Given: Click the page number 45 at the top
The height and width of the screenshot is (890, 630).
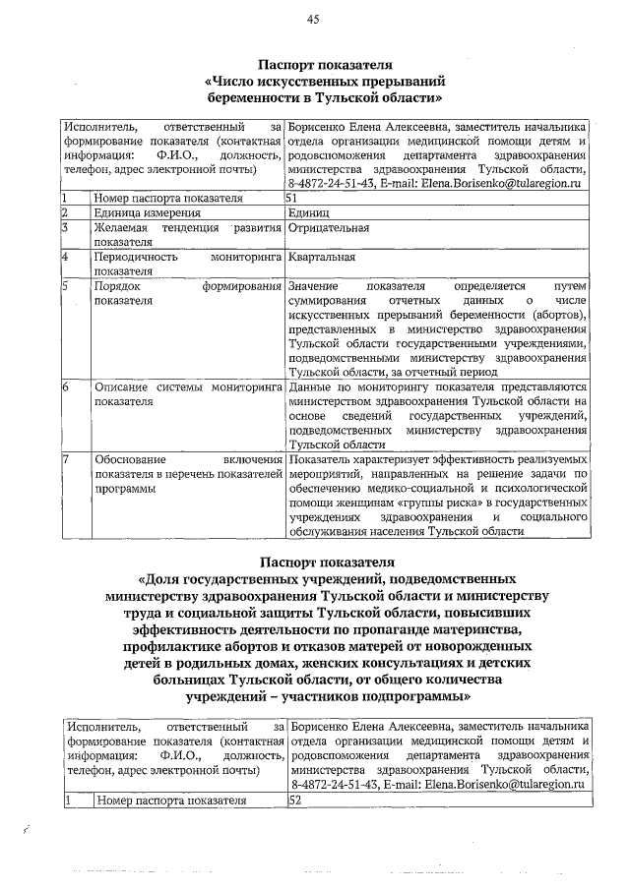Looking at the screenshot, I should [314, 19].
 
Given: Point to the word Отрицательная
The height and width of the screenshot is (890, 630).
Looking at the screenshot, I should [329, 228].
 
